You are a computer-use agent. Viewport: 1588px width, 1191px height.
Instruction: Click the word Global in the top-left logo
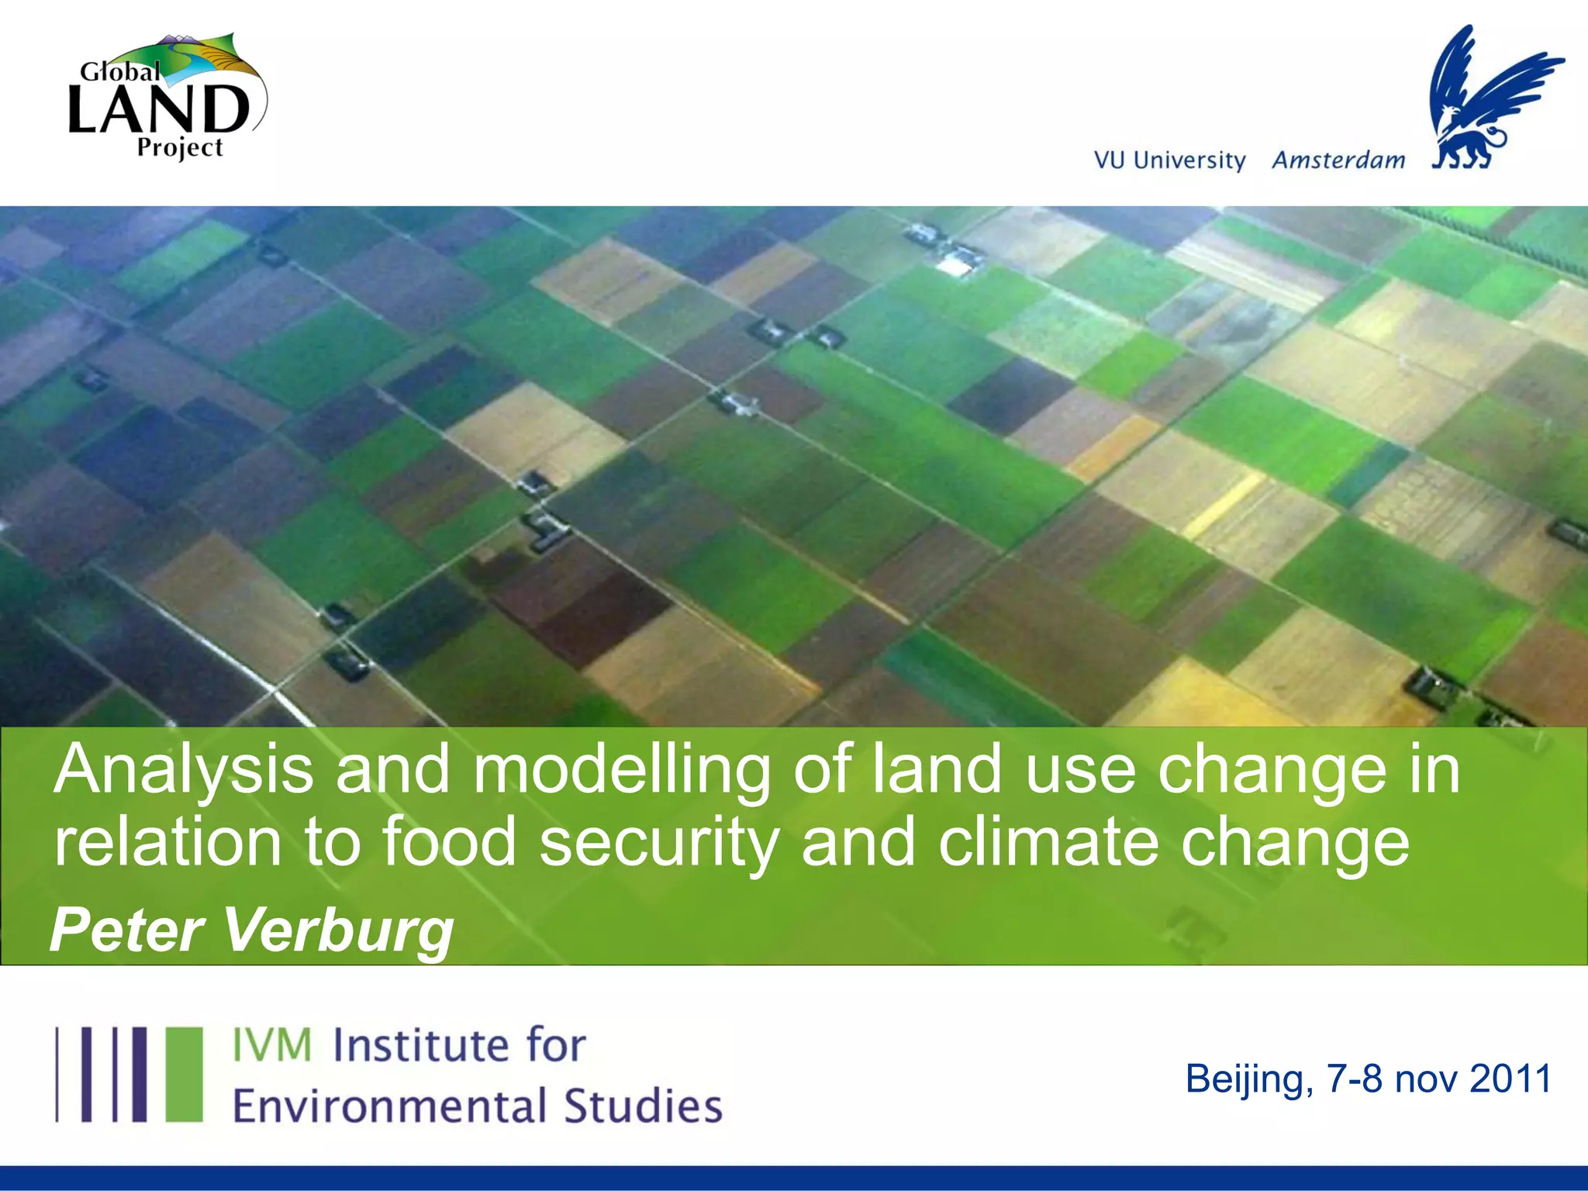tap(120, 72)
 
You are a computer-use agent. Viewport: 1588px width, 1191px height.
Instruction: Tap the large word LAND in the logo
tap(159, 109)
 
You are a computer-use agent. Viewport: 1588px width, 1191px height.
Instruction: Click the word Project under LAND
tap(180, 147)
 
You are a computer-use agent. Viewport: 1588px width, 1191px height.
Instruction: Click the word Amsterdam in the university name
tap(1338, 160)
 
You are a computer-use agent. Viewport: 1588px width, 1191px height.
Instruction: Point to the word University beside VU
tap(1189, 160)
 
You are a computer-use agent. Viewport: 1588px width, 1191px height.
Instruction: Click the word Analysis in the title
tap(184, 769)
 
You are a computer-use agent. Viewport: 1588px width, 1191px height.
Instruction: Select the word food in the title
tap(449, 842)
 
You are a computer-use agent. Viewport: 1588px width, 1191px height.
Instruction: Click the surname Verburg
tap(339, 931)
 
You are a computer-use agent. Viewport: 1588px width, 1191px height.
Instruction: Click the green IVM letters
tap(272, 1044)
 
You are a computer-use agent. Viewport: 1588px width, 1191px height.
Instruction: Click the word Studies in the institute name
tap(643, 1106)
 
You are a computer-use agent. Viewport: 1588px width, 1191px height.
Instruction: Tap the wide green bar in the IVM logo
tap(185, 1074)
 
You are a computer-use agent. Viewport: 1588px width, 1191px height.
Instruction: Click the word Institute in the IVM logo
tap(422, 1044)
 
